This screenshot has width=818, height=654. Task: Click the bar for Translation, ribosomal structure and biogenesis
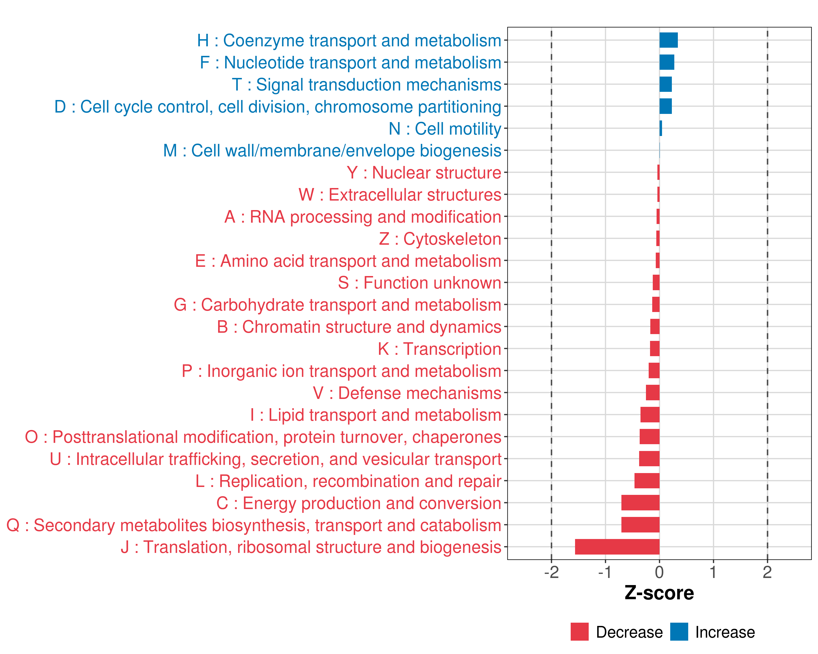pyautogui.click(x=617, y=547)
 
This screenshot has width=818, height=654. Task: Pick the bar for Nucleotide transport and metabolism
pyautogui.click(x=667, y=62)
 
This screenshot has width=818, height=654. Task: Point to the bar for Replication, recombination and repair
pyautogui.click(x=646, y=481)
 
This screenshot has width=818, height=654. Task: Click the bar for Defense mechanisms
pyautogui.click(x=652, y=393)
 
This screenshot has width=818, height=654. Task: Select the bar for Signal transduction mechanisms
pyautogui.click(x=666, y=84)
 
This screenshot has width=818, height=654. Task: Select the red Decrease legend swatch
pyautogui.click(x=579, y=632)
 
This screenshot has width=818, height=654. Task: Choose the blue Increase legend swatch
pyautogui.click(x=679, y=632)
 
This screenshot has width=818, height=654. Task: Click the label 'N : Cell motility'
pyautogui.click(x=445, y=129)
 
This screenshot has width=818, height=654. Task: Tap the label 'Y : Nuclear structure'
pyautogui.click(x=424, y=173)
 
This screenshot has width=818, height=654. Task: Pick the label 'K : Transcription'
pyautogui.click(x=439, y=349)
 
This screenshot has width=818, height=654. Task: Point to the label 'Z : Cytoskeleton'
pyautogui.click(x=440, y=239)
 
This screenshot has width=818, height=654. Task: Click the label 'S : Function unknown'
pyautogui.click(x=420, y=283)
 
